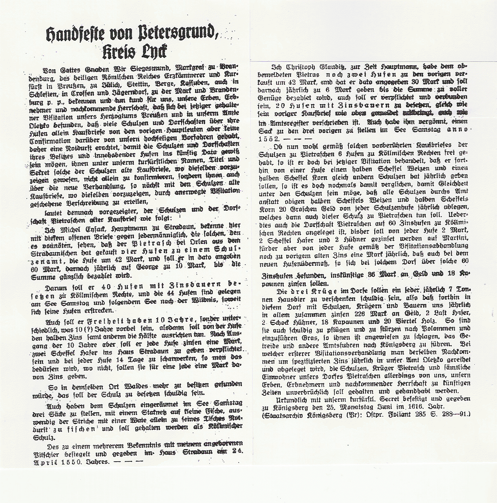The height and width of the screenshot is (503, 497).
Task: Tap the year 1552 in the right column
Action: [x=269, y=139]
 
